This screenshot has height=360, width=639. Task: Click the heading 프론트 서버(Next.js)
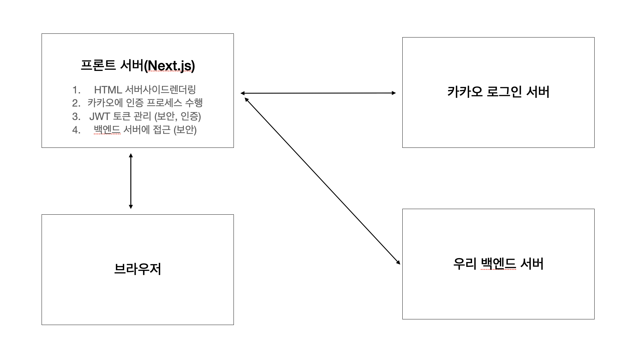point(138,66)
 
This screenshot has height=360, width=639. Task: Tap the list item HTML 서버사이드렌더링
point(145,90)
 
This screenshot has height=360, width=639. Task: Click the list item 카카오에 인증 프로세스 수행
point(145,103)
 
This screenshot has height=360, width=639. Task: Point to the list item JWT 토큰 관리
point(145,116)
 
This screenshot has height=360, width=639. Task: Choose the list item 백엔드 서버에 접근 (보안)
point(145,130)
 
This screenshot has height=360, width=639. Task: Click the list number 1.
point(76,90)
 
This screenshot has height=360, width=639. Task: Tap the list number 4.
point(76,130)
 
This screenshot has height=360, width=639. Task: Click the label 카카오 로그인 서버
point(498,92)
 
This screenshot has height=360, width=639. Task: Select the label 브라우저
point(138,269)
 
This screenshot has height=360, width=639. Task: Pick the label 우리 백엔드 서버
point(498,264)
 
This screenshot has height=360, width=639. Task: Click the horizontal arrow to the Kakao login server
point(318,93)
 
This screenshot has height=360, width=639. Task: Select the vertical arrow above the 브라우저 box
point(131,181)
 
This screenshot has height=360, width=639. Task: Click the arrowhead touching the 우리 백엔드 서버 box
point(398,262)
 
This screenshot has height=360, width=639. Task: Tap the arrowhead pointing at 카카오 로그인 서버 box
point(394,93)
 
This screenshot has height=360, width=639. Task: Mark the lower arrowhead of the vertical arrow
point(131,207)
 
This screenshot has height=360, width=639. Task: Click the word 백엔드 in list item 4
point(107,130)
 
